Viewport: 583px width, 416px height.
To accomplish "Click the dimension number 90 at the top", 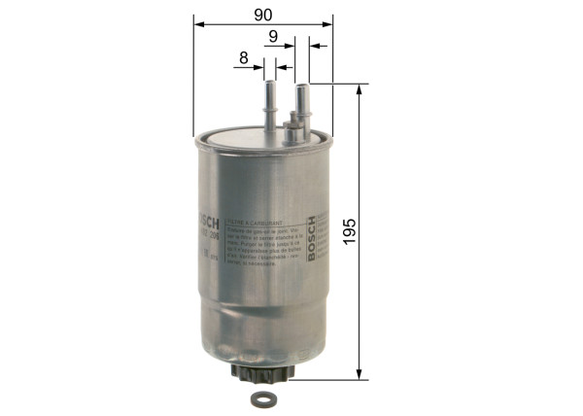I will point(262,14).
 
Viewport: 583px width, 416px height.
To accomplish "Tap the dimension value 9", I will point(275,37).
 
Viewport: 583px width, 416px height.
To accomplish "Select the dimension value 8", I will point(243,58).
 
